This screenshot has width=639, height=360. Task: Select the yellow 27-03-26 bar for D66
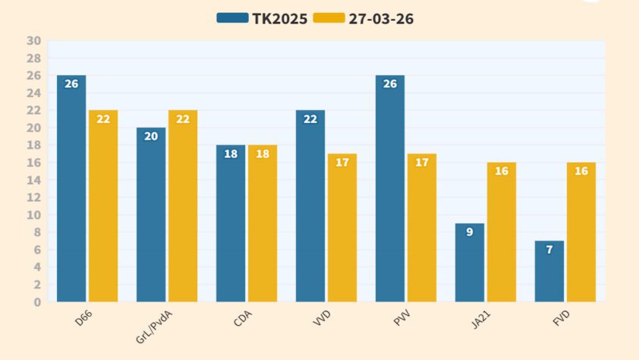[103, 206]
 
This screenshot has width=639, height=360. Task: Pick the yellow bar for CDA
[262, 223]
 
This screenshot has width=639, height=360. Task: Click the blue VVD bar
[310, 206]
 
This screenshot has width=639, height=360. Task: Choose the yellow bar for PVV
[421, 228]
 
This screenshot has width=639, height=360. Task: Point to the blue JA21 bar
[470, 262]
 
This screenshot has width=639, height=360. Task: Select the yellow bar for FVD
[581, 232]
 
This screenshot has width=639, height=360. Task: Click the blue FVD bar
[549, 271]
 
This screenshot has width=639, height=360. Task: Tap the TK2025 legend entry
[263, 19]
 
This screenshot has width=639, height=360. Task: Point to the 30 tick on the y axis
[33, 41]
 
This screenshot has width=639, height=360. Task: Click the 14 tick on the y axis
[33, 180]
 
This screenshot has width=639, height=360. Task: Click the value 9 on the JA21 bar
[470, 232]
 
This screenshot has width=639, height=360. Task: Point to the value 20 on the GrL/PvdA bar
[151, 136]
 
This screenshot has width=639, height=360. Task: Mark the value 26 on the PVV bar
[390, 84]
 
